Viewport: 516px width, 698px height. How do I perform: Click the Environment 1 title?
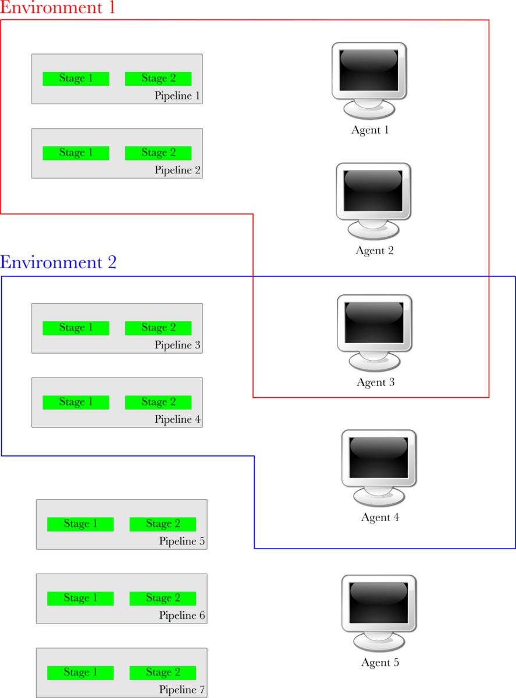pos(58,8)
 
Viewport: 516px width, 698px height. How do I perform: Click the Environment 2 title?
pos(58,262)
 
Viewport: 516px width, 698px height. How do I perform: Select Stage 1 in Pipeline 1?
pos(76,79)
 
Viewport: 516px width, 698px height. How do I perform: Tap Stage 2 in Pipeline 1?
pos(158,79)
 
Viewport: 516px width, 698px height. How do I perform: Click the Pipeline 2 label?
pos(177,170)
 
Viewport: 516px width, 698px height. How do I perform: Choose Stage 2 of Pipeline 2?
pos(158,153)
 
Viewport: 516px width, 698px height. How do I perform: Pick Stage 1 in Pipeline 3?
pos(76,328)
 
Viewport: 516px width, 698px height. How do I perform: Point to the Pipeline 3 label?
pos(177,345)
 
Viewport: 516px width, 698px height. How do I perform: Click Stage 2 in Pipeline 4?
pos(158,402)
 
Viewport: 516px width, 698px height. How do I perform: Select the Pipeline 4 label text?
pos(177,419)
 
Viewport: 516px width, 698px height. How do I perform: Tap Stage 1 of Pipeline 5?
pos(80,524)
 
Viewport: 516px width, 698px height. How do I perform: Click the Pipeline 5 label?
pos(182,541)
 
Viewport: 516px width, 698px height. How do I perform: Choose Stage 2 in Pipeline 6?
pos(163,598)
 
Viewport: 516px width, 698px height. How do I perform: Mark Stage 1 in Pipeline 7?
pos(80,672)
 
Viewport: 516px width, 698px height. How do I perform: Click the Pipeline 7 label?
pos(182,690)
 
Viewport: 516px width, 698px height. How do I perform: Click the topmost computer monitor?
pos(368,79)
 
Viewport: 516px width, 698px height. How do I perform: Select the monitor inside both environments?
pos(374,330)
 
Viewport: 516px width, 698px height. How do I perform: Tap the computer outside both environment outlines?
pos(378,611)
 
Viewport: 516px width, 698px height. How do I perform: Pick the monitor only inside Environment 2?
pos(378,466)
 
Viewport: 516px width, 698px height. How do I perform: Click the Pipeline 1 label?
pos(177,96)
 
